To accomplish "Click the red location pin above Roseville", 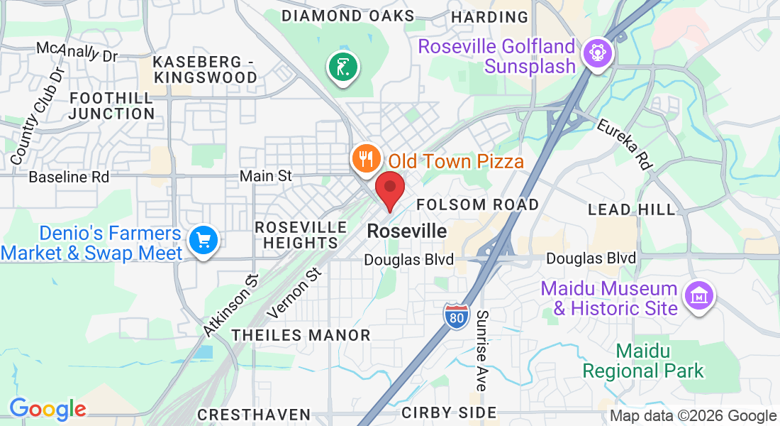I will click(x=389, y=188).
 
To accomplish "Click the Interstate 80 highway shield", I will click(x=457, y=315).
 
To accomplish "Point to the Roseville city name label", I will click(x=407, y=231).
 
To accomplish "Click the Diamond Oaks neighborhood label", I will click(x=347, y=16).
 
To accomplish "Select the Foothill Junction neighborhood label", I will click(x=113, y=106).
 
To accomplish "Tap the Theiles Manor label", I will click(x=301, y=335).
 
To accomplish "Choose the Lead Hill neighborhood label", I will click(x=633, y=209).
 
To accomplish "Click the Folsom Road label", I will click(x=478, y=204).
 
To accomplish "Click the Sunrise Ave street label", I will click(x=482, y=350).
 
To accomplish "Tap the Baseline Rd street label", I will click(x=69, y=177).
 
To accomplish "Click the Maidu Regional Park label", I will click(x=643, y=361).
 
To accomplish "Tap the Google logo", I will click(x=48, y=409).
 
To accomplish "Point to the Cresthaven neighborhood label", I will click(x=254, y=414).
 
